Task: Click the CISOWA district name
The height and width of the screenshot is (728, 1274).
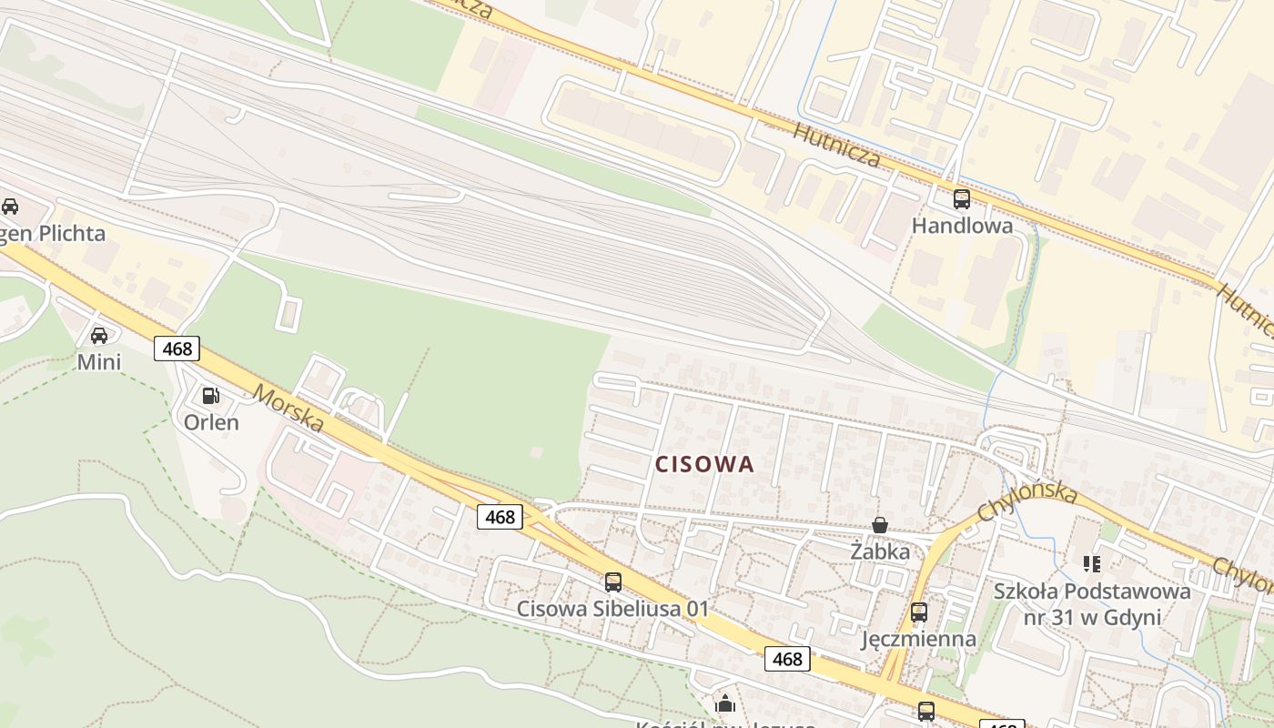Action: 705,464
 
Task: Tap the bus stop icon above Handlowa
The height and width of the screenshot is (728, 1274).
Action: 962,198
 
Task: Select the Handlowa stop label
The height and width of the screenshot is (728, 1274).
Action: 962,226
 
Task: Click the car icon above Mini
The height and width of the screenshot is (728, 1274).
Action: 99,335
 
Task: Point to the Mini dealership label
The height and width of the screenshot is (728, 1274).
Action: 99,362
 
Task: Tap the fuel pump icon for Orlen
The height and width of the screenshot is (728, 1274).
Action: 211,395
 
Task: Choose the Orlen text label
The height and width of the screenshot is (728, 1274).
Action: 211,422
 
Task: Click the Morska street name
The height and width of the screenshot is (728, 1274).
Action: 288,409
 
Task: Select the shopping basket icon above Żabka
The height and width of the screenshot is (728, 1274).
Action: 880,524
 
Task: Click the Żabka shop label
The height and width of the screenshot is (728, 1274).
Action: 880,551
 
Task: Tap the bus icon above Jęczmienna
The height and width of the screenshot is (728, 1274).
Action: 919,612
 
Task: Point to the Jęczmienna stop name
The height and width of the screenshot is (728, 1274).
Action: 919,639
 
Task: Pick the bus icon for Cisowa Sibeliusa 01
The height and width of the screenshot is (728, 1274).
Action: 613,581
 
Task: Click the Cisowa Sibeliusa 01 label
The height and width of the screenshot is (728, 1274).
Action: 612,609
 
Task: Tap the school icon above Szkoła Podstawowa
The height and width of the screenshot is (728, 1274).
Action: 1092,564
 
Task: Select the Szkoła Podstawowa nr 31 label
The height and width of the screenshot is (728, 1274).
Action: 1092,604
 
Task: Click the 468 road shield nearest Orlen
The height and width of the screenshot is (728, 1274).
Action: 177,348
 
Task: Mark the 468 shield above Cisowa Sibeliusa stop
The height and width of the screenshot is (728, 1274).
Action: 500,517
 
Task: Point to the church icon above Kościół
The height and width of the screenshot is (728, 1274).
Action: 725,703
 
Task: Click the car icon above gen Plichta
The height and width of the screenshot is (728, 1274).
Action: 10,207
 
